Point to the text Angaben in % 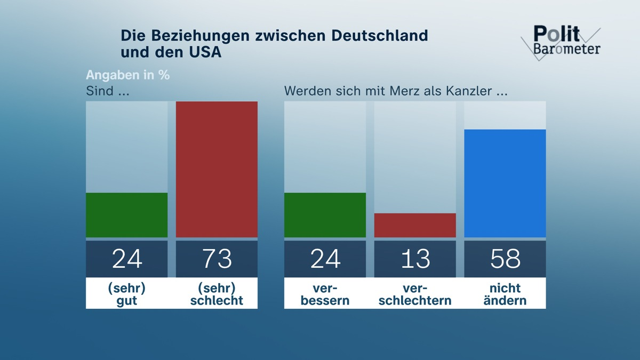127,75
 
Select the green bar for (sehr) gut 127,215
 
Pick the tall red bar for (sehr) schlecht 217,169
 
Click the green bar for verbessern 325,215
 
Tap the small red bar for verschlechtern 415,225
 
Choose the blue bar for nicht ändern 505,183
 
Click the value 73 217,259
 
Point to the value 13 415,259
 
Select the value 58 505,259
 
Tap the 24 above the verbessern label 325,259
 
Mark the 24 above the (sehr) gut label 127,259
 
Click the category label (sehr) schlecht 217,294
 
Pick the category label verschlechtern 415,294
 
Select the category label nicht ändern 505,294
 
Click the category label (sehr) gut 127,294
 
